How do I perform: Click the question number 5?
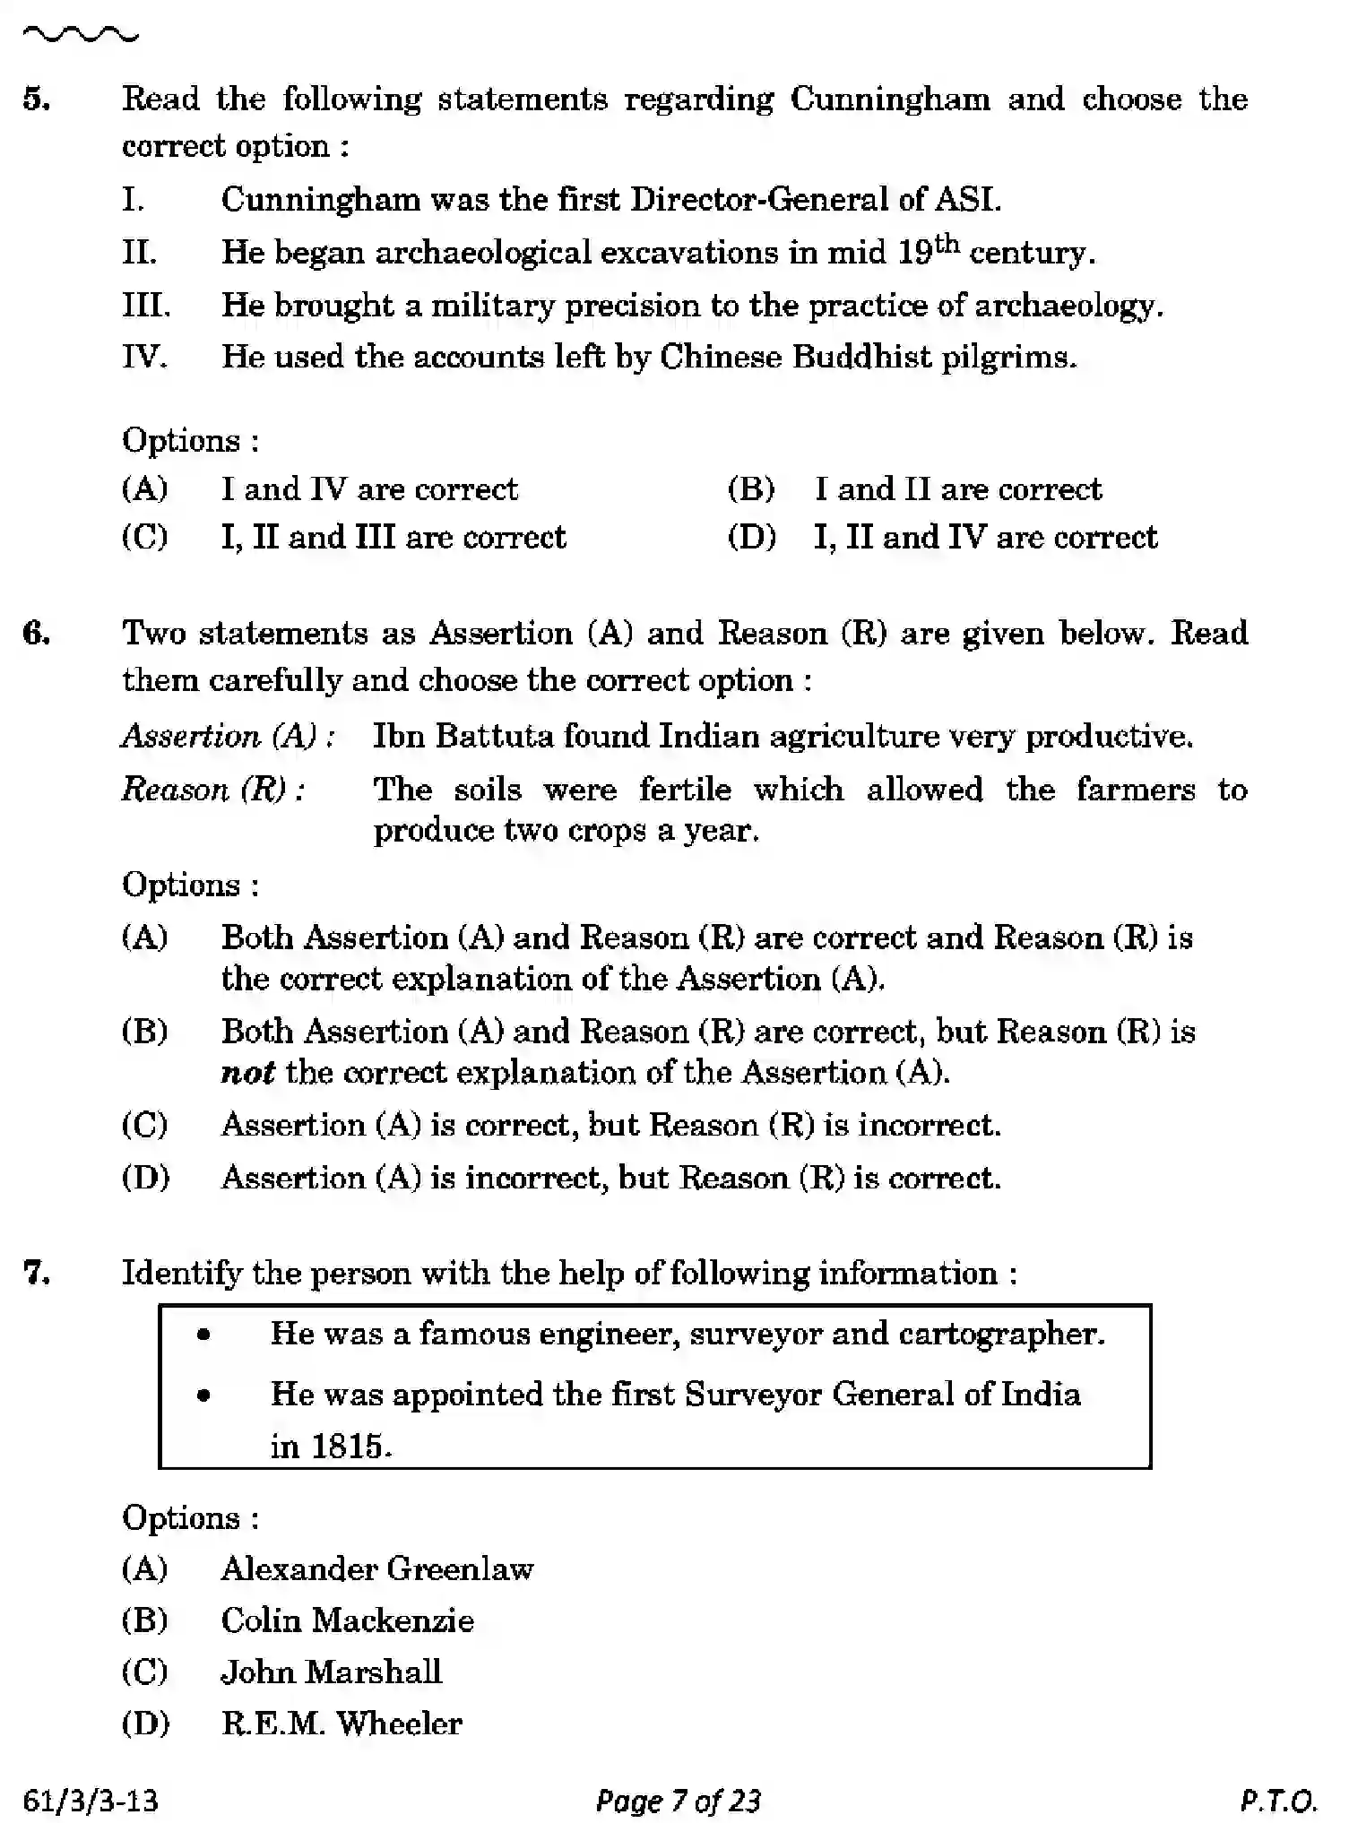[36, 99]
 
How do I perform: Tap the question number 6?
[36, 633]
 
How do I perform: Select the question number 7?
[36, 1273]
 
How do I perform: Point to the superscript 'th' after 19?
[947, 242]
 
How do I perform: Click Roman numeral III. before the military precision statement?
[145, 306]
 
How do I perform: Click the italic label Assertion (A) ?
[229, 737]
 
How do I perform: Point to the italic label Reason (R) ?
[212, 790]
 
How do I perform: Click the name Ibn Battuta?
[463, 737]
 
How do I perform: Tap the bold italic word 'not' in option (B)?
[247, 1073]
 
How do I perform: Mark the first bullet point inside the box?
[204, 1335]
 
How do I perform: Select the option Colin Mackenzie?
[347, 1620]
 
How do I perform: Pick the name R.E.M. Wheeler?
[342, 1724]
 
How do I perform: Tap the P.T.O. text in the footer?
[1279, 1801]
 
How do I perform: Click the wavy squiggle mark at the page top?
[80, 36]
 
